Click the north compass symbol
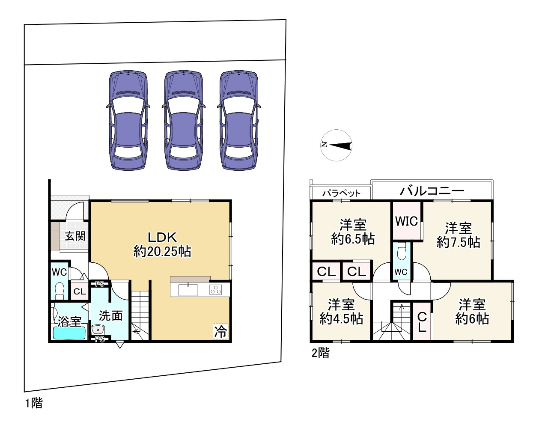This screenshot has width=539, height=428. point(337,145)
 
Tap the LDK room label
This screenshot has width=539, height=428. point(162,237)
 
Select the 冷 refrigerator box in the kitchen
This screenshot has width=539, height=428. point(220,332)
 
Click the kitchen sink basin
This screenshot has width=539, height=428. point(188,290)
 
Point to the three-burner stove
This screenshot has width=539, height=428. point(215,290)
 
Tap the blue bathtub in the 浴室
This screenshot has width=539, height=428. point(69,333)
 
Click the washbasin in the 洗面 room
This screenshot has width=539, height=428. point(98,330)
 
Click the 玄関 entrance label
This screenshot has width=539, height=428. point(75,236)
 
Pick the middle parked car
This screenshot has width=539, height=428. point(183,120)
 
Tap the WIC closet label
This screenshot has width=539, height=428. point(407,221)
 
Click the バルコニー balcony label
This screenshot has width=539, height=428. point(432,191)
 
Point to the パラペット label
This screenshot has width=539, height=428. point(341,193)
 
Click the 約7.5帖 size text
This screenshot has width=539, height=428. point(459,242)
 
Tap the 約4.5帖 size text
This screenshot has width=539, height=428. point(341,319)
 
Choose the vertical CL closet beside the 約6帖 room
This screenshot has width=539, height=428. point(422,322)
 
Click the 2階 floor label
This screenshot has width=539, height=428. point(320,353)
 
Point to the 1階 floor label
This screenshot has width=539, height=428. point(34,403)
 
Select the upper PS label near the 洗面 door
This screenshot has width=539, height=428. point(100,284)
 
